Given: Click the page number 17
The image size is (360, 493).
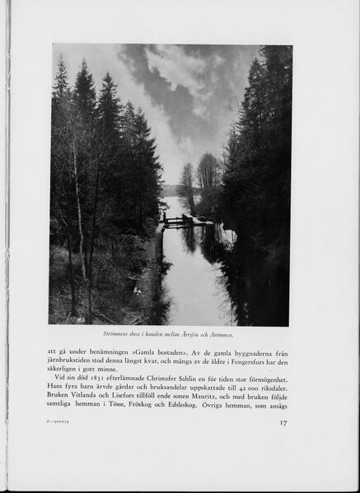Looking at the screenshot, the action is [282, 424].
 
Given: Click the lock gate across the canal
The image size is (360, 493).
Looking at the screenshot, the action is [177, 220].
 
